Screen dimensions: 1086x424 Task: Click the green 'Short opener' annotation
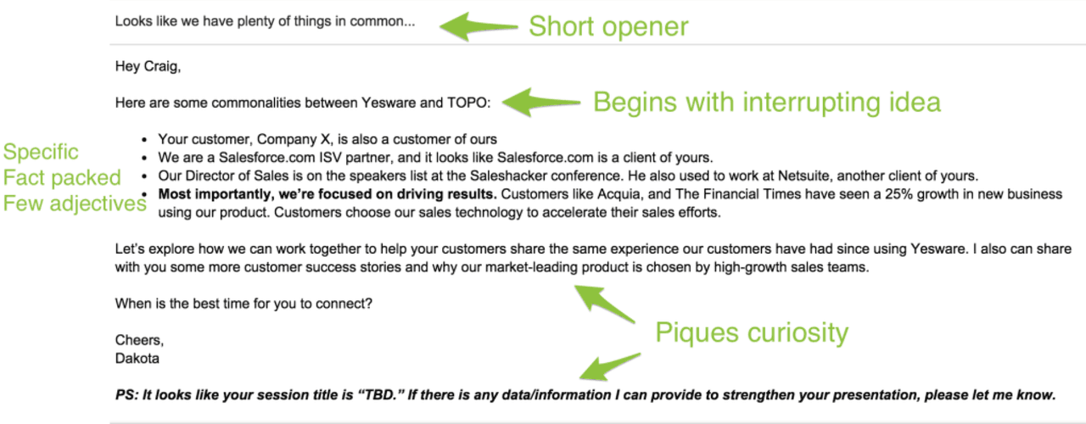pyautogui.click(x=608, y=26)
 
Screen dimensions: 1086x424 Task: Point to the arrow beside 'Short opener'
pyautogui.click(x=479, y=26)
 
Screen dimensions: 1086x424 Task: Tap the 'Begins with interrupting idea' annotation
pyautogui.click(x=767, y=103)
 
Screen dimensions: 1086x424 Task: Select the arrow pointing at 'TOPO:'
pyautogui.click(x=541, y=103)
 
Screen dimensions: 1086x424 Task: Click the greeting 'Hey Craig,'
pyautogui.click(x=148, y=66)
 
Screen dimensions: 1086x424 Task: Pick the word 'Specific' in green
pyautogui.click(x=41, y=152)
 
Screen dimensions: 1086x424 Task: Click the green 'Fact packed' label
pyautogui.click(x=62, y=177)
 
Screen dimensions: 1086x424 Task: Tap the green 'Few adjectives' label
pyautogui.click(x=75, y=204)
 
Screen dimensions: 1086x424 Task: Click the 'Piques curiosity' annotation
pyautogui.click(x=752, y=333)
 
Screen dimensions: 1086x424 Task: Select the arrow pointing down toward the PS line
pyautogui.click(x=610, y=367)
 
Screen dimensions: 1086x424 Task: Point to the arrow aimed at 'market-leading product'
pyautogui.click(x=605, y=304)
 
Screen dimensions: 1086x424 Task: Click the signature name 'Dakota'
pyautogui.click(x=137, y=359)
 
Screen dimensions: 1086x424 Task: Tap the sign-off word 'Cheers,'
pyautogui.click(x=140, y=340)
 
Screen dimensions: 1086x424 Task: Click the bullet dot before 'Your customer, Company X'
pyautogui.click(x=144, y=140)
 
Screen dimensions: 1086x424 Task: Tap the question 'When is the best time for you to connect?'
pyautogui.click(x=244, y=304)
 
